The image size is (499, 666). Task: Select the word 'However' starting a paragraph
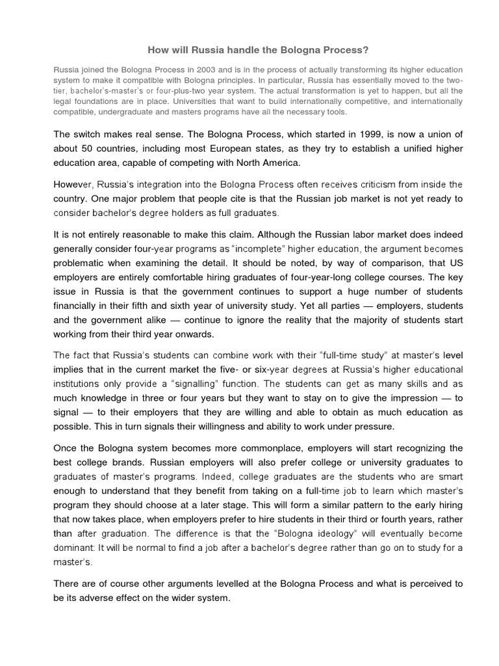70,185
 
